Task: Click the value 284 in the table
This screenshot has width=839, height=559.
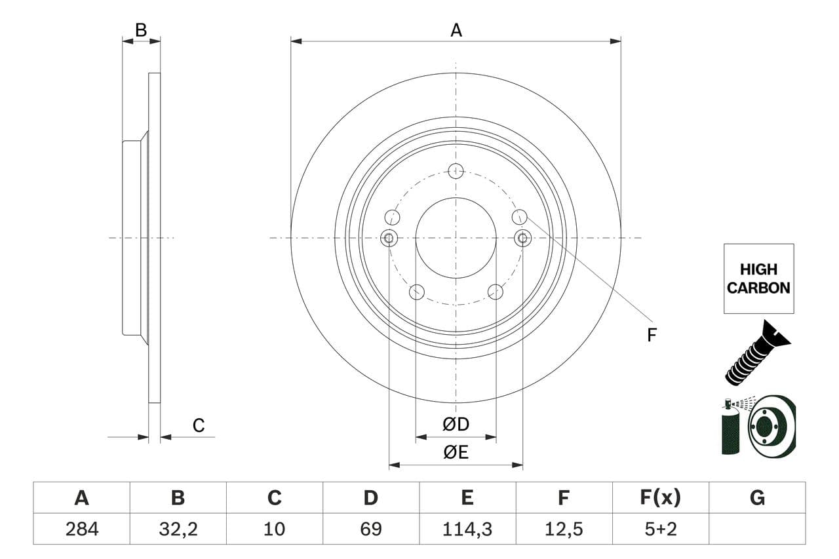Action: click(82, 529)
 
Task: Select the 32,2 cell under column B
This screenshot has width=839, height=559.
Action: click(178, 529)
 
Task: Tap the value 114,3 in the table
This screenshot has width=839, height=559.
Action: click(467, 529)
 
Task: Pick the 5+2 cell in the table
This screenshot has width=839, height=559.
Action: click(661, 529)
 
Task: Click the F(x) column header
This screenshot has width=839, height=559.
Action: click(660, 497)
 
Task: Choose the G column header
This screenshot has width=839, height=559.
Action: click(757, 497)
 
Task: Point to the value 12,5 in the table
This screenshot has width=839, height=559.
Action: click(564, 529)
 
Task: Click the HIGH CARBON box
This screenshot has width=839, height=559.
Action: click(758, 279)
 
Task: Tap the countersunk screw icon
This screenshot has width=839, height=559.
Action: click(758, 353)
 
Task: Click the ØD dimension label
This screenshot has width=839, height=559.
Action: click(456, 424)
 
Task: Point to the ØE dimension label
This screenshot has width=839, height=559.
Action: click(456, 452)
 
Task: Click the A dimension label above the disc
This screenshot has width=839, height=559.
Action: click(456, 30)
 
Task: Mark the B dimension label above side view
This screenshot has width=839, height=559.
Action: click(141, 30)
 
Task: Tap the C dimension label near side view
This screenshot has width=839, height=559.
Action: click(199, 425)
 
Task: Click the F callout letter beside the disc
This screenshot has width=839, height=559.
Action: click(652, 335)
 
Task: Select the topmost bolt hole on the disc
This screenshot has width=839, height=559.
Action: click(456, 171)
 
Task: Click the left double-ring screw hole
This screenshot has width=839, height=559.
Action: click(389, 238)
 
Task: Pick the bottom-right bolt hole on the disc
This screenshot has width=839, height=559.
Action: click(496, 292)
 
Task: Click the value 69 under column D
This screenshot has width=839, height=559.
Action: click(371, 529)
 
